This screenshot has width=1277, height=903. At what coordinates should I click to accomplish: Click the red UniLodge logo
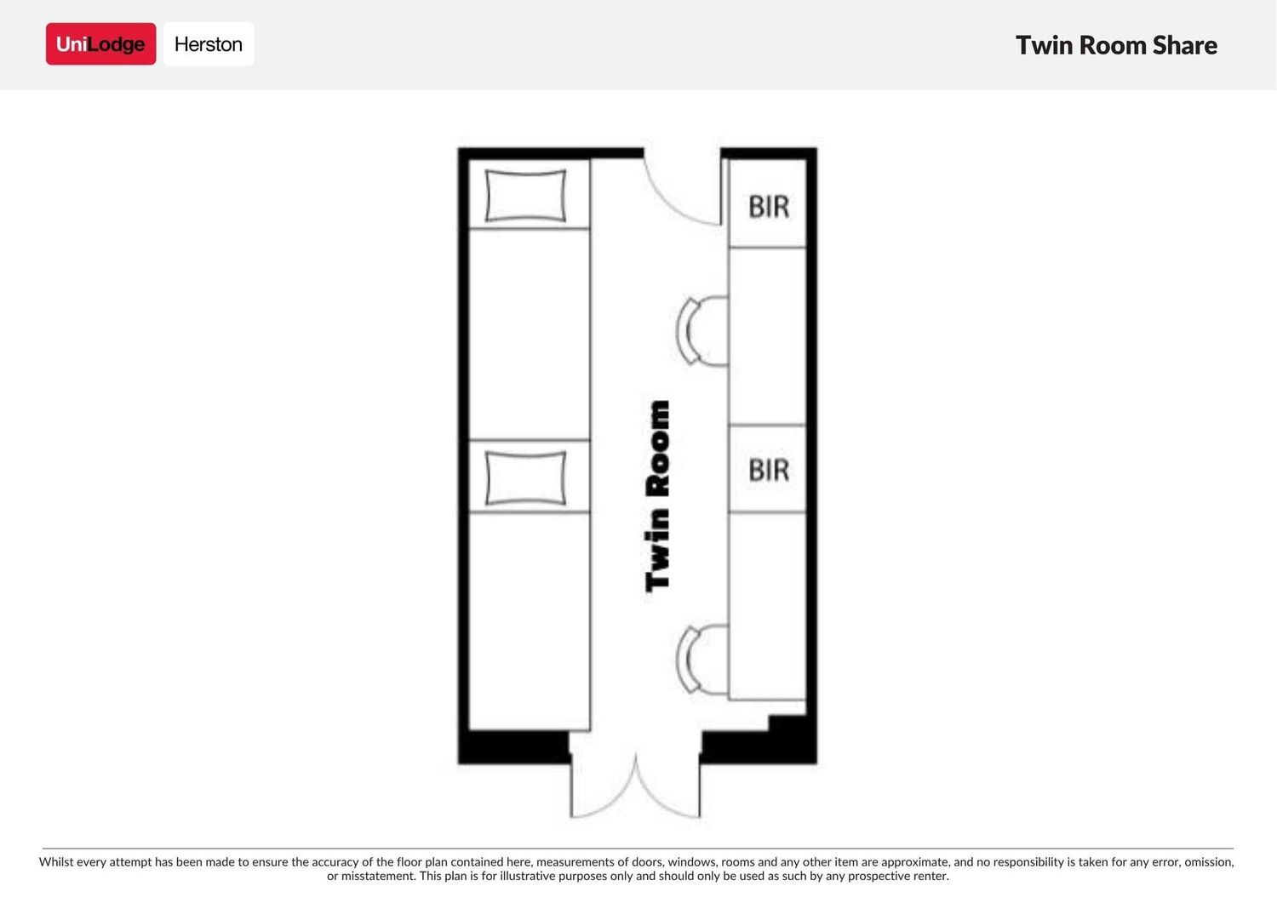[x=101, y=44]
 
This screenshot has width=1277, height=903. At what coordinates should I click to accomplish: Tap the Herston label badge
[x=209, y=44]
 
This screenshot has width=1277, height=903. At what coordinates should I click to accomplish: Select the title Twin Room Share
[x=1116, y=46]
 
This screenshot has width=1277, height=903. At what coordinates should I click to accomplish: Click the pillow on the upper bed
[x=525, y=195]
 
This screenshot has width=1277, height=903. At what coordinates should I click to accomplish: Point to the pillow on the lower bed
[x=525, y=477]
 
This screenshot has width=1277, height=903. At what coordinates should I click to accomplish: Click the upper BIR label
[x=769, y=206]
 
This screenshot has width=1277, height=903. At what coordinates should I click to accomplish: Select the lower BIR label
[x=769, y=470]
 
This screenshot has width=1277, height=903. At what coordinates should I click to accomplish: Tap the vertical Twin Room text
[x=657, y=496]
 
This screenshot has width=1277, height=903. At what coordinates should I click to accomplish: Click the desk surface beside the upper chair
[x=767, y=336]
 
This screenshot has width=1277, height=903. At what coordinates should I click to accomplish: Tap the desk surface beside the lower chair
[x=767, y=605]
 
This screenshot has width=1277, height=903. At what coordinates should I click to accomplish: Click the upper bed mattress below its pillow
[x=529, y=334]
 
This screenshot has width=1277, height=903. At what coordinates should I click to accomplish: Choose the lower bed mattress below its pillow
[x=529, y=620]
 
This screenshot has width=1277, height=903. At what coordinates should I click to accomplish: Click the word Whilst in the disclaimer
[x=56, y=861]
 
